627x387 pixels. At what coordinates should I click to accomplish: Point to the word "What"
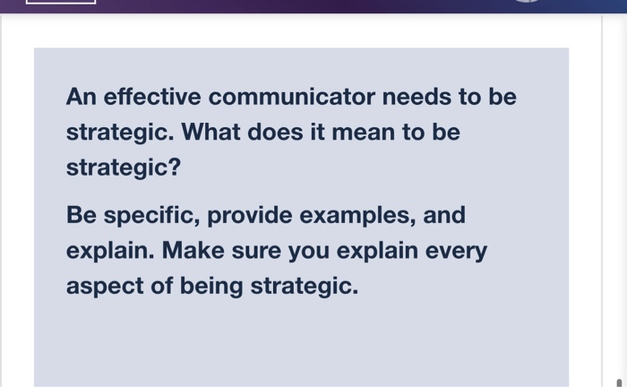[210, 133]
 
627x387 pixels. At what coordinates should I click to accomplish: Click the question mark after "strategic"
[175, 168]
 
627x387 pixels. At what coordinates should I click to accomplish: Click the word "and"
[444, 216]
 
